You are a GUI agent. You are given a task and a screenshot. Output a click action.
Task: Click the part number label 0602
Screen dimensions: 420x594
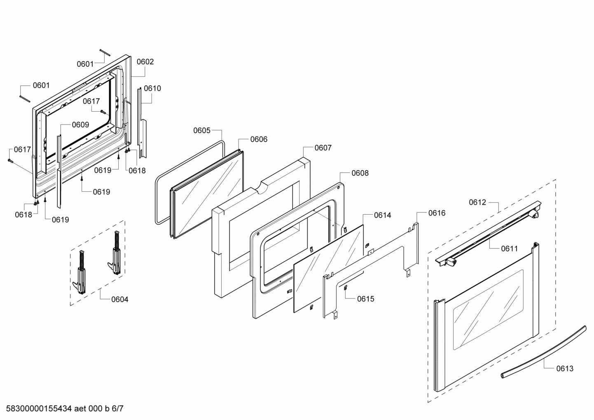[x=145, y=62]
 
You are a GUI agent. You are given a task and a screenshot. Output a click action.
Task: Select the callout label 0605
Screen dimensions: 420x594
[x=202, y=131]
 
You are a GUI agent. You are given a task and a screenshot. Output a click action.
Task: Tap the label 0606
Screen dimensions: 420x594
[x=259, y=139]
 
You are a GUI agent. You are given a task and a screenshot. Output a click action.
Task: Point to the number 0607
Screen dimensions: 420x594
[x=323, y=148]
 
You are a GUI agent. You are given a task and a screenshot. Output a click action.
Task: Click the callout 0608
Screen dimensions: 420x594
[x=360, y=173]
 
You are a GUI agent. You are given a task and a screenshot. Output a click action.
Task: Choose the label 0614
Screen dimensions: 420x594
[x=383, y=215]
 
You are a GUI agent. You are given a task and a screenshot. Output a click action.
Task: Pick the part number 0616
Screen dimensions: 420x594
[x=437, y=213]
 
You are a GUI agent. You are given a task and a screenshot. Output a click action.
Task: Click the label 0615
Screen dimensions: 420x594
[x=366, y=299]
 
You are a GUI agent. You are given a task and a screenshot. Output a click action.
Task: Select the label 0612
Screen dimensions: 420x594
[x=477, y=202]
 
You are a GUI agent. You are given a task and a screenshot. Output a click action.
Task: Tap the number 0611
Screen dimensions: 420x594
[x=510, y=249]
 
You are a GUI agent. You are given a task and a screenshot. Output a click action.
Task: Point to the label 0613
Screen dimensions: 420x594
[x=565, y=368]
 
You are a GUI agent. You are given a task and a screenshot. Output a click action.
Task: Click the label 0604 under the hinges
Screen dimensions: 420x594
[x=120, y=299]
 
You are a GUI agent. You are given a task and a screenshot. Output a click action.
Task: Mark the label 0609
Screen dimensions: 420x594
[x=80, y=125]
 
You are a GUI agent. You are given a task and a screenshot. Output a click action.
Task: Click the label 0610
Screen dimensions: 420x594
[x=152, y=88]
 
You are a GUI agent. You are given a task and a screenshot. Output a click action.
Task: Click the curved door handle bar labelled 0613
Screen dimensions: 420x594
[x=544, y=351]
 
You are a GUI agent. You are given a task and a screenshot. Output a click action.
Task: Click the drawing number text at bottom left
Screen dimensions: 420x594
[x=62, y=409]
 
